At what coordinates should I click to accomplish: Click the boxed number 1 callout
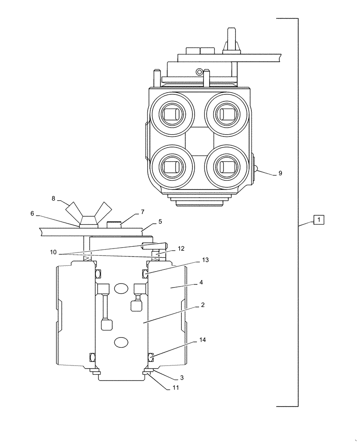tap(319, 219)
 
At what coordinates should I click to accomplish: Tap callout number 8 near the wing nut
tap(54, 199)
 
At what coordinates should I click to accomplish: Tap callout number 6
tap(32, 213)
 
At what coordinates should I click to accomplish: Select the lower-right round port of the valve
tap(226, 167)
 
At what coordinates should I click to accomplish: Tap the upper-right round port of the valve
tap(226, 115)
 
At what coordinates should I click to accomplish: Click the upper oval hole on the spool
tap(121, 288)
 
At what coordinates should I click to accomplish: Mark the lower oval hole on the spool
tap(121, 342)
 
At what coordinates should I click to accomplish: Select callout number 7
tap(142, 212)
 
